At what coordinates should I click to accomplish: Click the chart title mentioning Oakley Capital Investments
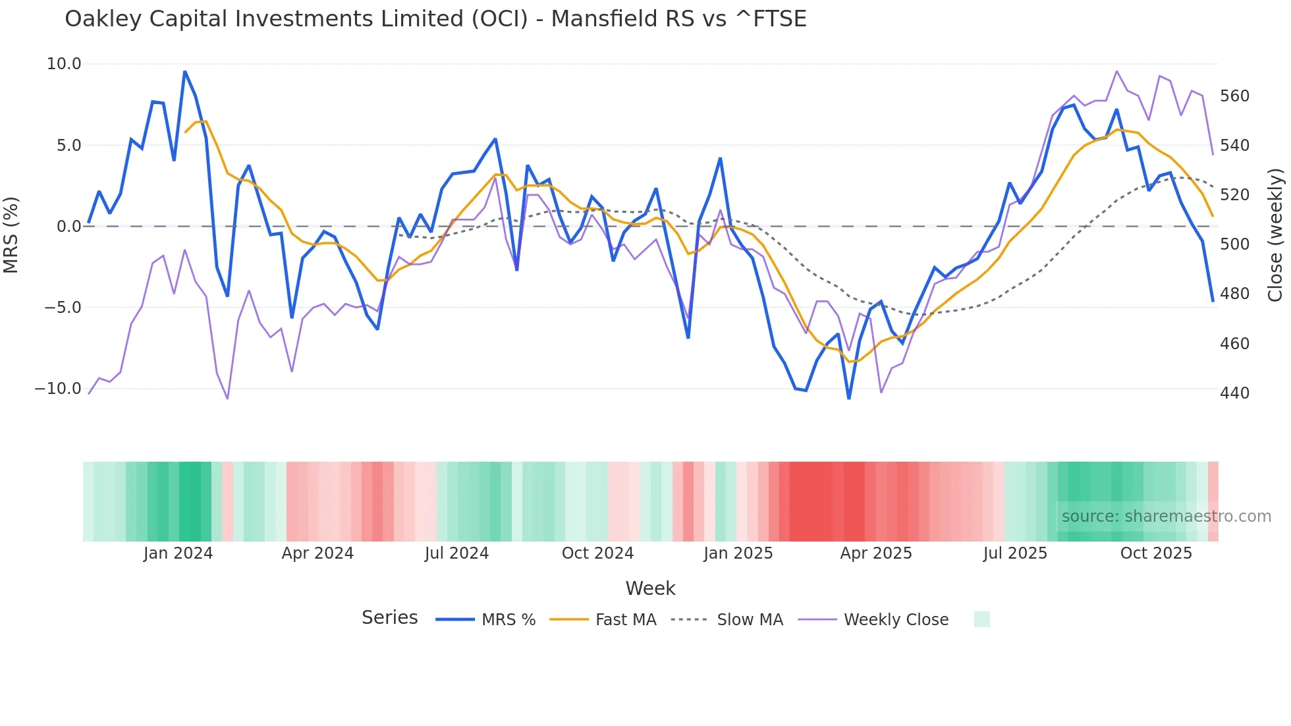435,19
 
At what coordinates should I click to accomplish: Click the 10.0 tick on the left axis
64,64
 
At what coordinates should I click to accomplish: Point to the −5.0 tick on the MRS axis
63,308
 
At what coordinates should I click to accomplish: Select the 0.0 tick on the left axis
69,227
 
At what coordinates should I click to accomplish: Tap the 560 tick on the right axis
1234,96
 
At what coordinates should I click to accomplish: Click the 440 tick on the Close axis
1234,393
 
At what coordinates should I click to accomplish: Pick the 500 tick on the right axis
1234,244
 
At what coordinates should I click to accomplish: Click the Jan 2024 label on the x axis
178,553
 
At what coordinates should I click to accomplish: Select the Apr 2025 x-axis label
876,553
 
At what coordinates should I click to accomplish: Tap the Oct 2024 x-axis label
597,553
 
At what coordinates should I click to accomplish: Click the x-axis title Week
650,588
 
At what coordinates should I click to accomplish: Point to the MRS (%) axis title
11,235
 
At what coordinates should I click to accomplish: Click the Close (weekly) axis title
1275,235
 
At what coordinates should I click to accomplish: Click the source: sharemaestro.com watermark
1166,517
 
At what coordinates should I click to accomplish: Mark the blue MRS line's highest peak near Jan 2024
185,72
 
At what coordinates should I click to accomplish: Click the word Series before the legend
389,618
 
